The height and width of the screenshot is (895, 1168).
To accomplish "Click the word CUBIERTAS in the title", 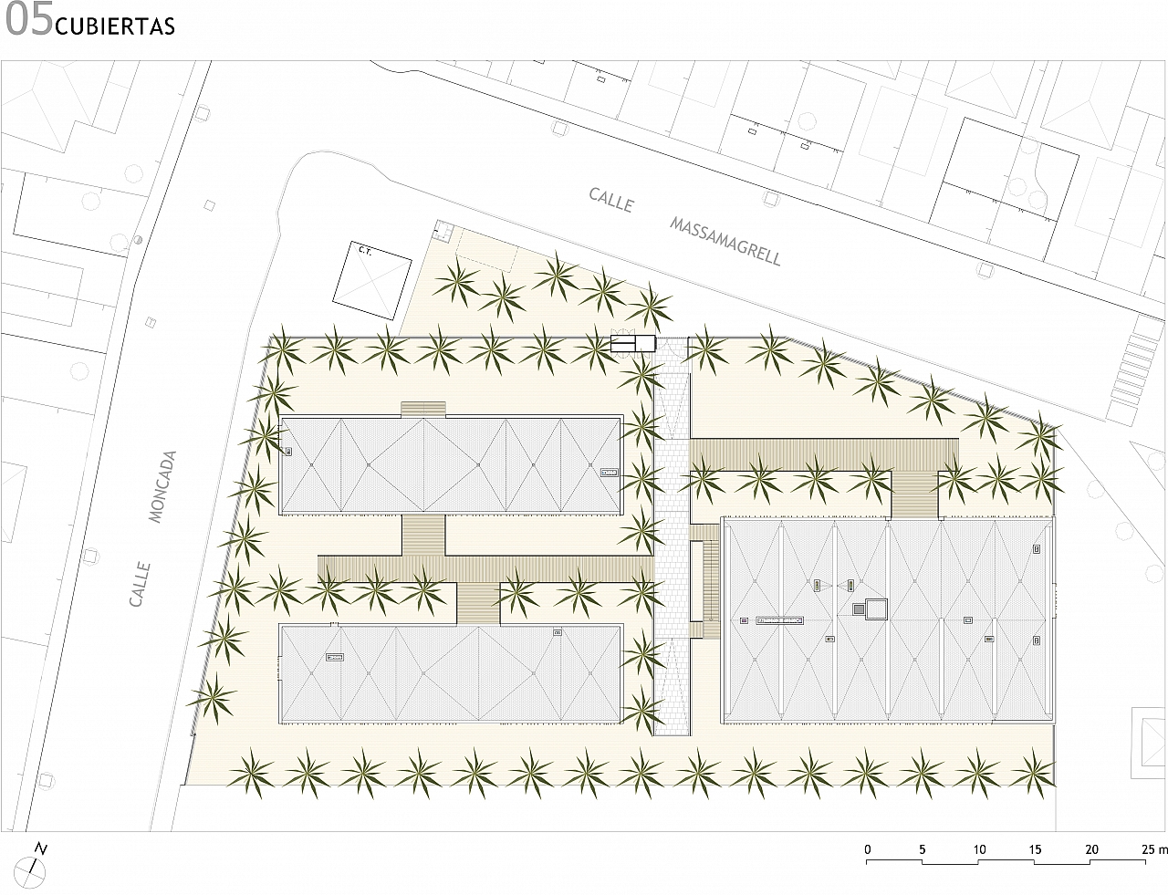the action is tap(114, 26).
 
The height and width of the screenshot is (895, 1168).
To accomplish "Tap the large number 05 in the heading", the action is tap(28, 20).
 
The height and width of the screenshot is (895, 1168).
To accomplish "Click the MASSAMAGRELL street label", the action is tap(725, 242).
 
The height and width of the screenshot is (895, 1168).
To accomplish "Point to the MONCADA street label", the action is tap(162, 486).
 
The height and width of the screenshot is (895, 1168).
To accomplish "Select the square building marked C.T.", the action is tap(372, 280).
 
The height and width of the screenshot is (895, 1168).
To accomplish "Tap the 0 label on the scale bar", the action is tap(868, 849).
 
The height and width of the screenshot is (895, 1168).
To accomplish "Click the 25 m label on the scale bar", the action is tap(1154, 849).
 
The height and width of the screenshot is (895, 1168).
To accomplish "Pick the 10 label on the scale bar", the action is tap(979, 849).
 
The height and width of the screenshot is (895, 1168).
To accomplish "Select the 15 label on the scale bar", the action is tap(1035, 849).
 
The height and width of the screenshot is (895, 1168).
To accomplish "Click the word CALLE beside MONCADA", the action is tap(140, 584).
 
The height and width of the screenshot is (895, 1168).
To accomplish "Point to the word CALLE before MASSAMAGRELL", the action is tap(611, 201).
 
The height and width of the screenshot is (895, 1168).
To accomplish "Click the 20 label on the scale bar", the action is tap(1091, 849).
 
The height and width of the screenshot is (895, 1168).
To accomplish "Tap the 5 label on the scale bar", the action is tap(923, 849).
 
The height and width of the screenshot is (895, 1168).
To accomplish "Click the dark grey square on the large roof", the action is tap(859, 609).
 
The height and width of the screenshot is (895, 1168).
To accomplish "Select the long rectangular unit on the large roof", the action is tap(779, 620).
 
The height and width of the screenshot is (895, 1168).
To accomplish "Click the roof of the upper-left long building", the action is tap(451, 464).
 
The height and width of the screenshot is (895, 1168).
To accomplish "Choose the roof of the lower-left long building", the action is tap(451, 672).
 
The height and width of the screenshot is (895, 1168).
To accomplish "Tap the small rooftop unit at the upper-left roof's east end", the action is tap(610, 473).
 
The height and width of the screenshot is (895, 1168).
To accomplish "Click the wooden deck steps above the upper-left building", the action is tap(423, 409).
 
